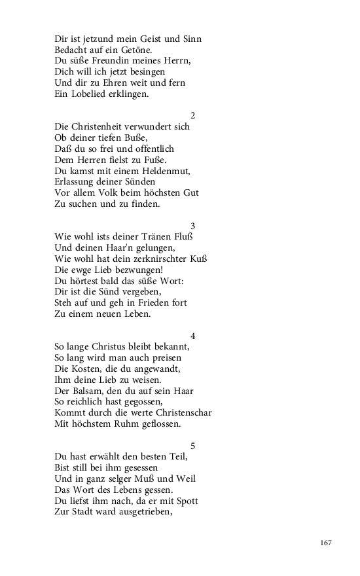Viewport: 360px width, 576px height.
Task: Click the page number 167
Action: (x=326, y=543)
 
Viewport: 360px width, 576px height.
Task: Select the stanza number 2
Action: (x=192, y=116)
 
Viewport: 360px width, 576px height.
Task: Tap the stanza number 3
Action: (x=192, y=226)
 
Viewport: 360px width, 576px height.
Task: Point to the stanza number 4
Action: (x=192, y=336)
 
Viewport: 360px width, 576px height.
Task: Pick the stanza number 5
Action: (x=192, y=446)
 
